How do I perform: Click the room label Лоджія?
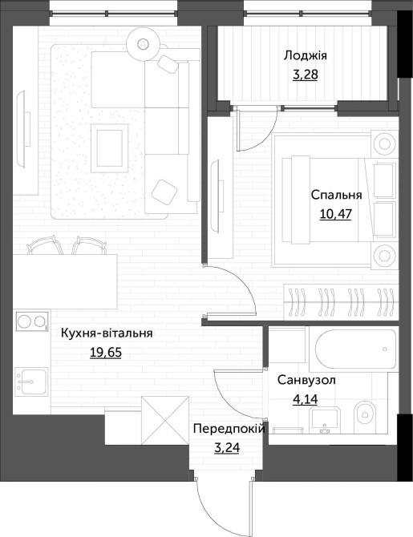pos(306,55)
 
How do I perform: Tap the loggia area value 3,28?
pos(306,75)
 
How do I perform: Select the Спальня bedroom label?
pos(336,195)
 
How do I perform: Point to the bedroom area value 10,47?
pos(336,214)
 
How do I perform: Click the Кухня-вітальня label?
pos(107,333)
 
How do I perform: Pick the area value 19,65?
pos(106,352)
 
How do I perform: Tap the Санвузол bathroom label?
pos(306,380)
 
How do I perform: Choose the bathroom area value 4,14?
pos(305,399)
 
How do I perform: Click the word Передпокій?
pos(229,429)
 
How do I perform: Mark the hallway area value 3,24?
pos(227,447)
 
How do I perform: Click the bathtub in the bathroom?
pos(354,349)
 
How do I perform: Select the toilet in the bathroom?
pos(366,414)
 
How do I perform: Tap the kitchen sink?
pos(31,382)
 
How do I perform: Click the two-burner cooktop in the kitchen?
pos(31,321)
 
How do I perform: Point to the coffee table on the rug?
pos(110,148)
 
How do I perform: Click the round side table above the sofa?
pos(143,43)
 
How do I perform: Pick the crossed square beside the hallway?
pos(165,421)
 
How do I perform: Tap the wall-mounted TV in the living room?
pos(23,129)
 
